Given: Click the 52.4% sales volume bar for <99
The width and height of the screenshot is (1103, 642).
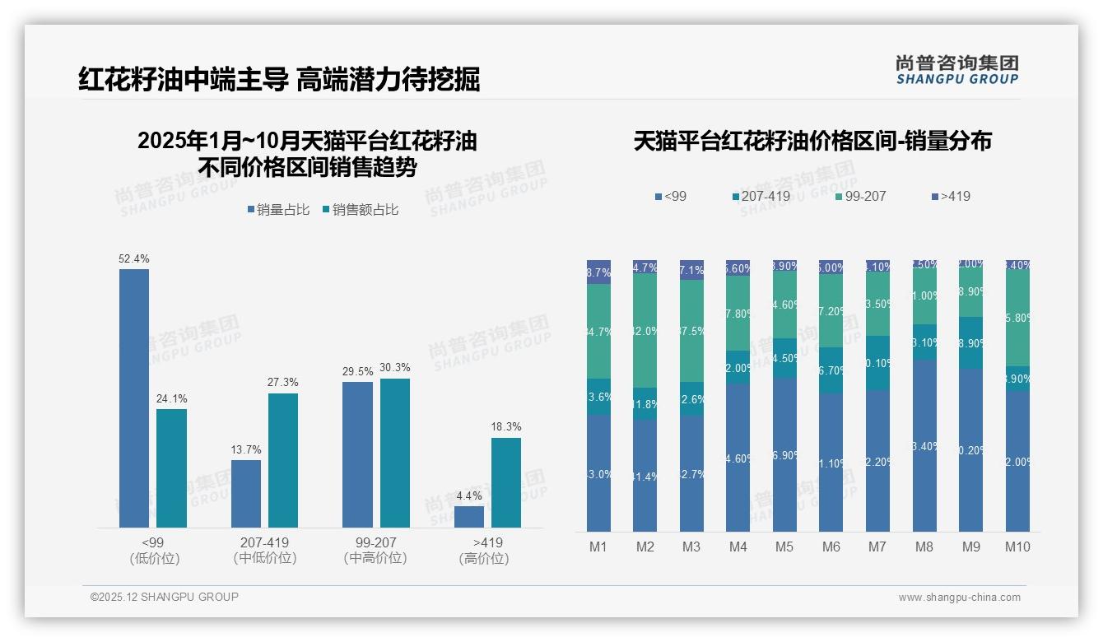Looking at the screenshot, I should click(x=134, y=398).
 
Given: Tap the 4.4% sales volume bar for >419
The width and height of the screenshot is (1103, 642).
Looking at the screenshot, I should click(x=469, y=517).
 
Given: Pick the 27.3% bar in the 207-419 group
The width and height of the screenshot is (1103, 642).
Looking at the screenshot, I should click(x=283, y=460).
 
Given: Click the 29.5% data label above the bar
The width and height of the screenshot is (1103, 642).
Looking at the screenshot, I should click(x=358, y=372).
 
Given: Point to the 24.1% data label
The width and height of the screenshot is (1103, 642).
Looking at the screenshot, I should click(x=171, y=399).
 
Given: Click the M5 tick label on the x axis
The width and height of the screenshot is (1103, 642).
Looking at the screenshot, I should click(x=784, y=547).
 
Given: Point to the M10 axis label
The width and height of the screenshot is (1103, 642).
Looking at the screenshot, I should click(x=1017, y=547).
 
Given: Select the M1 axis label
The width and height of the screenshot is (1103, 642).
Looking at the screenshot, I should click(x=598, y=547).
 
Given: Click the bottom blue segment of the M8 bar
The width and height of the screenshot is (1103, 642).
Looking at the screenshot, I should click(x=924, y=445).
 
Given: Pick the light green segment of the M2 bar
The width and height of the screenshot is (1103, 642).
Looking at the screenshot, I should click(x=645, y=330).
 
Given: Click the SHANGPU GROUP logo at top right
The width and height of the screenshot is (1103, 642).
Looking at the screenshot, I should click(x=956, y=70).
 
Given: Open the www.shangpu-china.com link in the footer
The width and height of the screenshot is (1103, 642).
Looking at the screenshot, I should click(x=959, y=598).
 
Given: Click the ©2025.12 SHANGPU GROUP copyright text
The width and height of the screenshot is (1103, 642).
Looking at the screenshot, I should click(x=165, y=597).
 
